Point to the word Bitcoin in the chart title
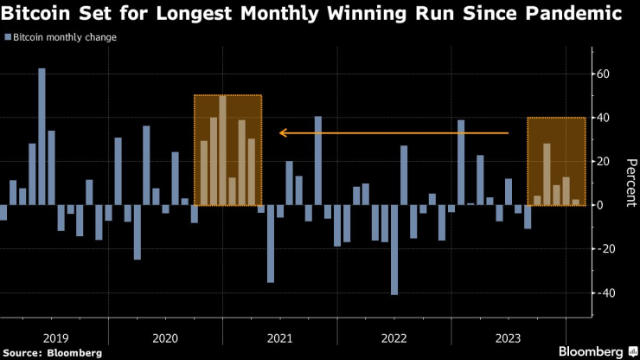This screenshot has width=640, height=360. click(35, 14)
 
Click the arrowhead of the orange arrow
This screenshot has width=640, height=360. click(282, 133)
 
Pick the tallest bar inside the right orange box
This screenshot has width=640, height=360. click(547, 174)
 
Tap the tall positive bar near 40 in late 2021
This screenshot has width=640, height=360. click(318, 160)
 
